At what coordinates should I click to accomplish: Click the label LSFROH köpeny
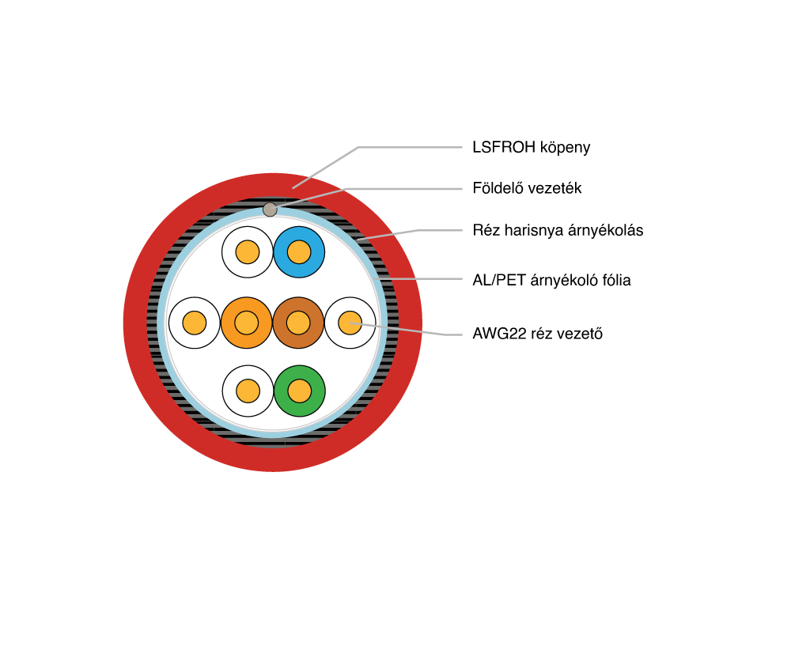(531, 147)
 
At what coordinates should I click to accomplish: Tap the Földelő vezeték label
(527, 188)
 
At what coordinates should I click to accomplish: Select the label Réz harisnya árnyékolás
(557, 231)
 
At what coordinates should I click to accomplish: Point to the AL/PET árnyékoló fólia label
(551, 280)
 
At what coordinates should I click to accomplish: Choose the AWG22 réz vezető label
(537, 334)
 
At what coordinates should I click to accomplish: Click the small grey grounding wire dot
(270, 210)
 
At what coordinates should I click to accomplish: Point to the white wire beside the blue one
(248, 252)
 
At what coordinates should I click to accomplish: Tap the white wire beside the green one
(248, 391)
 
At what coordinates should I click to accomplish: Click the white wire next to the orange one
(195, 323)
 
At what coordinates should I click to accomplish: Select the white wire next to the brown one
(350, 323)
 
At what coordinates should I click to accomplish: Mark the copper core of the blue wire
(299, 252)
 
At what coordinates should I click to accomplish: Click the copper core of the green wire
(299, 391)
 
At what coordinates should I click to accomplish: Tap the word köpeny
(565, 147)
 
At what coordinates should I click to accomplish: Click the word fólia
(615, 280)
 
